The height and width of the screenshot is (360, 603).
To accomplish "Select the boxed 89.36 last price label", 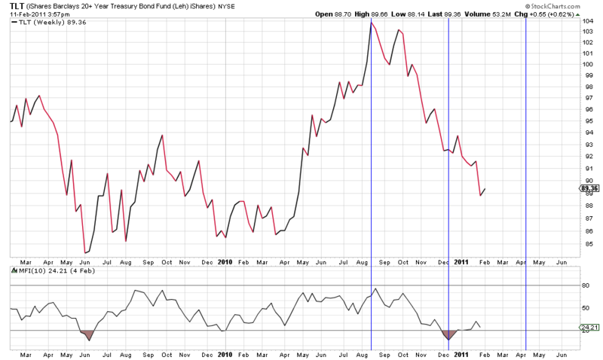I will (589, 188).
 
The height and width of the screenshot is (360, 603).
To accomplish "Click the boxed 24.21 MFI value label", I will (589, 328).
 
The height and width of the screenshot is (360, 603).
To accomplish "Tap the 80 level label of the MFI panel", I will (586, 285).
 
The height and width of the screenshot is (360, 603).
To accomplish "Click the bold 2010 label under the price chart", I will (225, 262).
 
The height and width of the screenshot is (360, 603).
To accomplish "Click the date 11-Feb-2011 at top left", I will (23, 14).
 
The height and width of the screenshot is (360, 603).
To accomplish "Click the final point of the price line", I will (485, 188).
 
